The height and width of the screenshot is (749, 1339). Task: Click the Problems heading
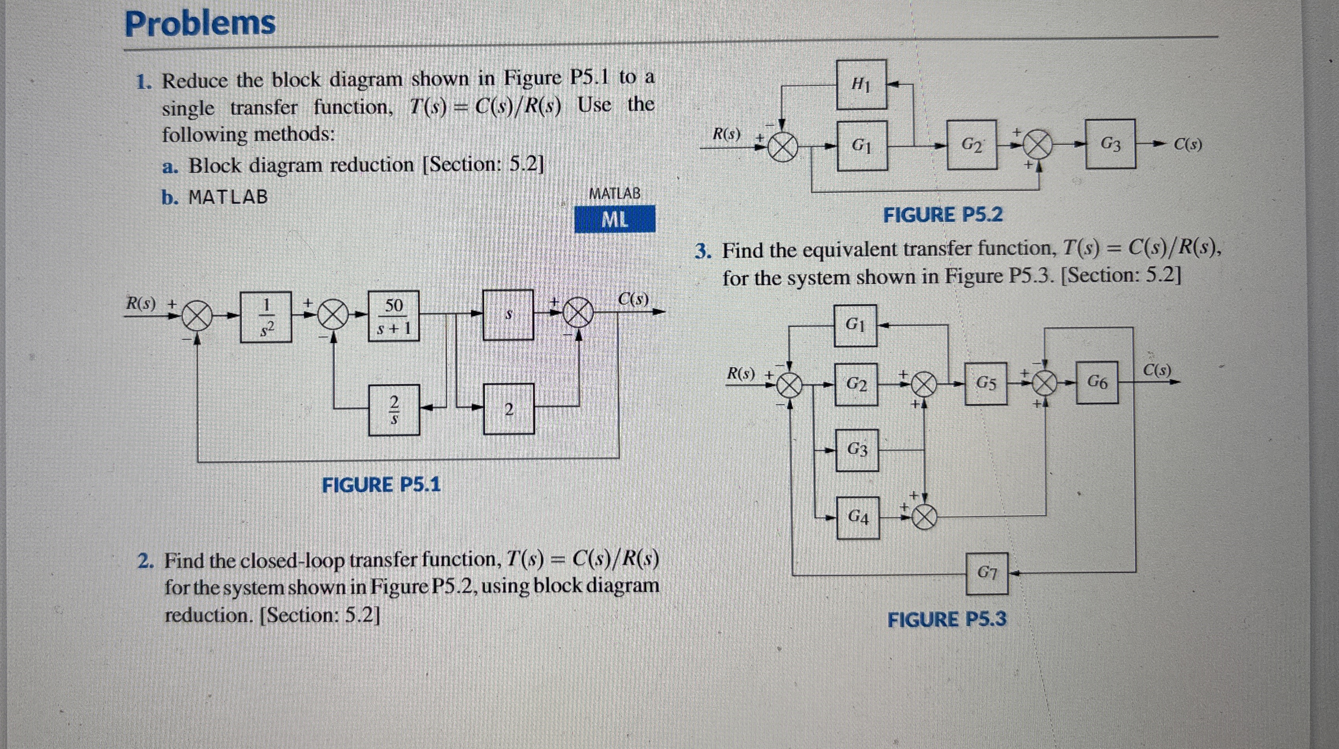[x=200, y=24]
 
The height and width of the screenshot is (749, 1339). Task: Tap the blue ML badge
[x=614, y=219]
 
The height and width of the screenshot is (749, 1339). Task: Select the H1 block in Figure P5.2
[x=861, y=84]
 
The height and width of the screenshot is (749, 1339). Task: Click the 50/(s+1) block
[x=393, y=316]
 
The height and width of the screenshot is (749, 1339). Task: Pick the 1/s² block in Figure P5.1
[x=266, y=317]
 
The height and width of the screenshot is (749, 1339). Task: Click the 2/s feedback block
[x=394, y=410]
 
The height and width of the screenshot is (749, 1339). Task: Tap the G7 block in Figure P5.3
[x=987, y=573]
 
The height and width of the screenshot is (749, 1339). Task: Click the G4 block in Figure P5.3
[x=858, y=517]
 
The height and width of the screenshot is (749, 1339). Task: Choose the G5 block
[x=985, y=384]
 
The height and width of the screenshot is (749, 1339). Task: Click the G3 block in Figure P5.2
[x=1110, y=144]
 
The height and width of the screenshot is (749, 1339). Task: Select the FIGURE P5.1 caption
[x=381, y=485]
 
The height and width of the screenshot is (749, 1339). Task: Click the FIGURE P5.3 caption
[x=946, y=620]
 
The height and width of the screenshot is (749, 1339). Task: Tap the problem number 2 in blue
[x=145, y=562]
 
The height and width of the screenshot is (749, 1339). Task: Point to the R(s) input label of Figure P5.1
[x=141, y=303]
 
